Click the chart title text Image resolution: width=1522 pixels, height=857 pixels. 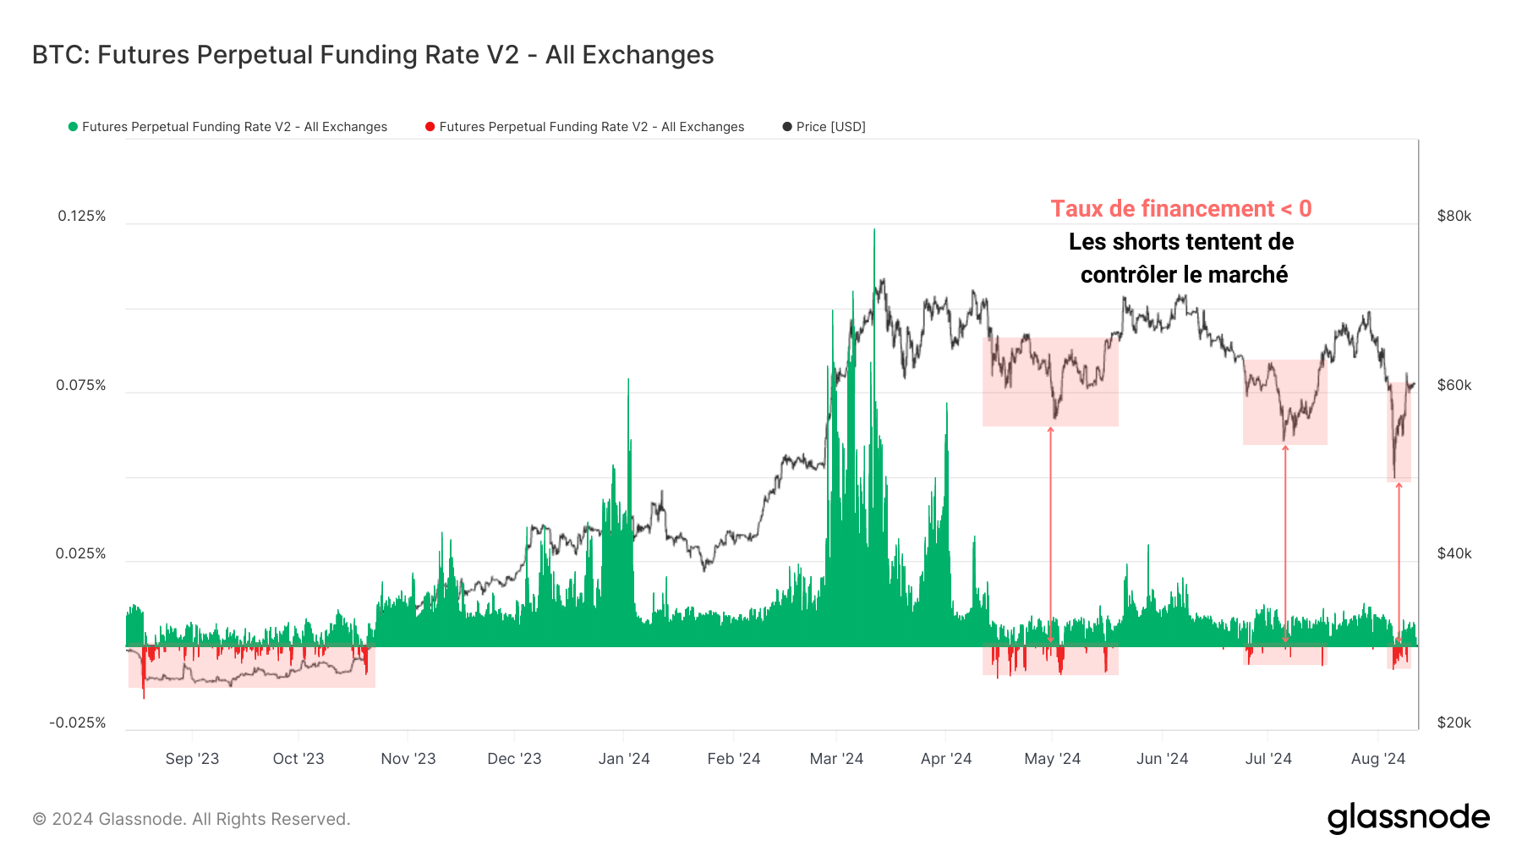tap(372, 55)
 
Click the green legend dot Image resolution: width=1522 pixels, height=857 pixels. tap(73, 127)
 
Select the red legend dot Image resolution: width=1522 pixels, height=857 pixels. tap(430, 127)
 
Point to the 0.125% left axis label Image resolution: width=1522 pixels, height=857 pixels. tap(82, 216)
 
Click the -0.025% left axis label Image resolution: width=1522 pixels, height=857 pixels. tap(78, 722)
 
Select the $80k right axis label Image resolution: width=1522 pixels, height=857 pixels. tap(1454, 216)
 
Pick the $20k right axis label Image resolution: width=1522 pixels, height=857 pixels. tap(1454, 722)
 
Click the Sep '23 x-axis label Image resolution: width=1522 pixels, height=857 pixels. tap(192, 759)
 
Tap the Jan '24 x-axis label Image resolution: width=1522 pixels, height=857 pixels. tap(624, 759)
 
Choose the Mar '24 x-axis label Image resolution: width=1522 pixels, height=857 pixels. tap(836, 759)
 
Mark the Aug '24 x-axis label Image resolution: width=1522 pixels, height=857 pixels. tap(1377, 759)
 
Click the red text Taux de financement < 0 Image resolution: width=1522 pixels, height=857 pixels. tap(1180, 209)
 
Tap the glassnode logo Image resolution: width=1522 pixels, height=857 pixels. tap(1408, 818)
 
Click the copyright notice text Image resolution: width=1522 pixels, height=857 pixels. tap(191, 819)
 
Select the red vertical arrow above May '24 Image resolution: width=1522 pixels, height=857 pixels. tap(1050, 533)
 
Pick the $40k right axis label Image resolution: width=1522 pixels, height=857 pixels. tap(1454, 553)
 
